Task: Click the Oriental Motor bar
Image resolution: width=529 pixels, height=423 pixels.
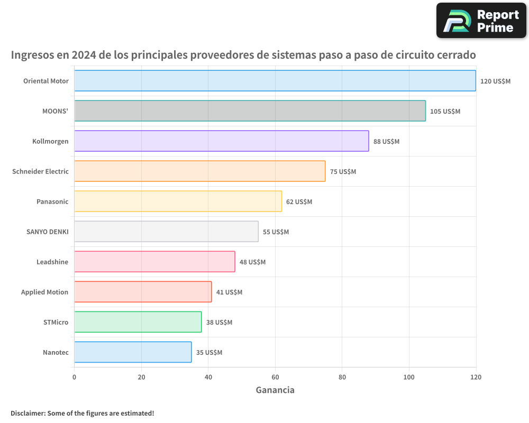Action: pos(275,81)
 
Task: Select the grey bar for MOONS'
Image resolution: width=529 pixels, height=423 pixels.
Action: pos(250,111)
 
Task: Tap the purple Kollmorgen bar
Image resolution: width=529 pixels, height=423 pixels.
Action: pos(221,141)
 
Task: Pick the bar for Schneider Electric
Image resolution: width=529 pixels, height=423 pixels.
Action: pos(199,171)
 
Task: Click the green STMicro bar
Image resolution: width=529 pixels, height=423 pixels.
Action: pos(138,322)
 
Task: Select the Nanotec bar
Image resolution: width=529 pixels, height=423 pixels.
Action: pos(133,352)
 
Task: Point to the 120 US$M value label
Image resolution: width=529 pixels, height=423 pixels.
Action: pos(495,81)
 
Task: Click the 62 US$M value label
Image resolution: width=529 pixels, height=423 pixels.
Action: pos(299,202)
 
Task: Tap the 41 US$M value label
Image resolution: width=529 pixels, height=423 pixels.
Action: pos(229,292)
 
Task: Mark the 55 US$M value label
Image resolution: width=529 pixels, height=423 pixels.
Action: pos(276,232)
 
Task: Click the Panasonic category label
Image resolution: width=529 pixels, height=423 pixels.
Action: pos(52,201)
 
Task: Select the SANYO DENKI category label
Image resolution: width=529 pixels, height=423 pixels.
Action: pos(47,232)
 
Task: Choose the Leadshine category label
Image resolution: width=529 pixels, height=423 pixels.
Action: pos(52,262)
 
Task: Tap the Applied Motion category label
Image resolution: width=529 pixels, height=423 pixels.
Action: pos(44,292)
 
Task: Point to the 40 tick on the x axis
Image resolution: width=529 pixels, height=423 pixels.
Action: pos(208,377)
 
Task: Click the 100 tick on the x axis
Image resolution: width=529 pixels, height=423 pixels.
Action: pos(409,377)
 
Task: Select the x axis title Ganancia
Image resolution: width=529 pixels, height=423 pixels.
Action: pos(275,390)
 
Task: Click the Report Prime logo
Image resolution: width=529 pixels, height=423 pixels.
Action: pos(481,21)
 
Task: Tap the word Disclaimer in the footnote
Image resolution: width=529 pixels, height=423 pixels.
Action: pos(27,413)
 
